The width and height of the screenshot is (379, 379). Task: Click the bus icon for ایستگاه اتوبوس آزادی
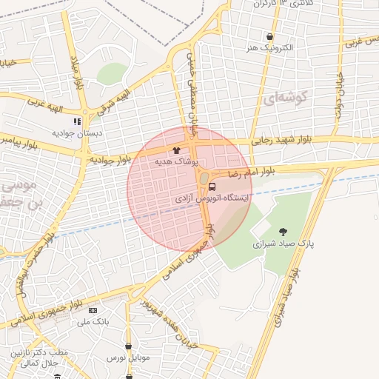212,187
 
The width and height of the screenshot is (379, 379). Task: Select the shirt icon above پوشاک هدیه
175,150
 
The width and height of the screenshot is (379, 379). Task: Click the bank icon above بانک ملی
93,310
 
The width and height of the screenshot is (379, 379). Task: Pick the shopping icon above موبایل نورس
130,345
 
